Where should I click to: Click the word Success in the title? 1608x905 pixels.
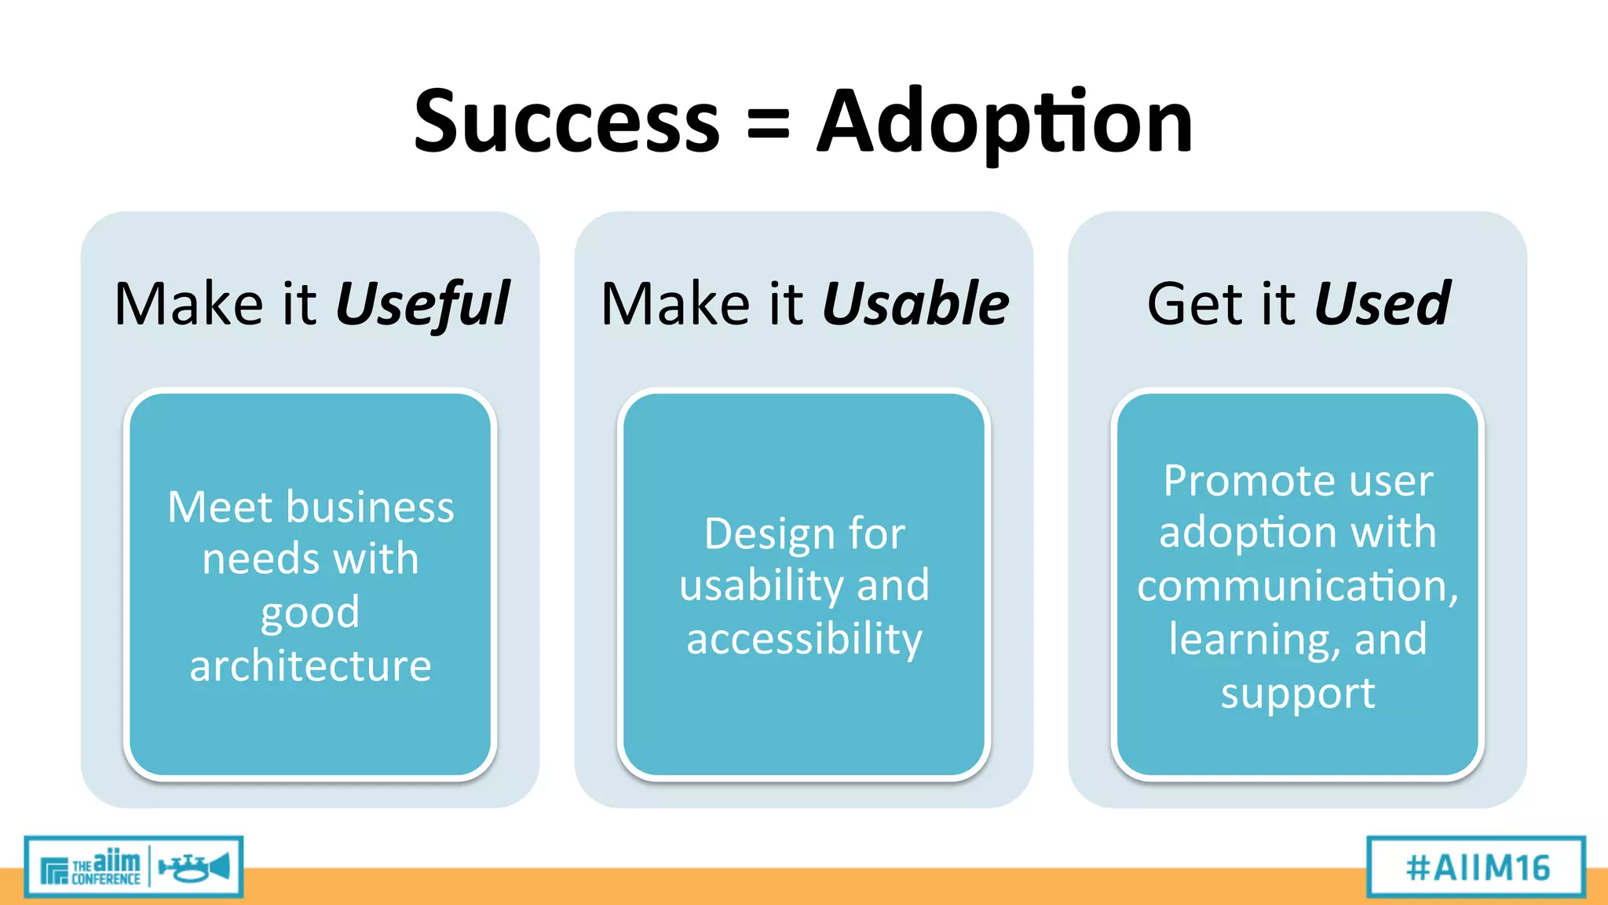566,123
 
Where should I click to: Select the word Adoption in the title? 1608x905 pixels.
1004,123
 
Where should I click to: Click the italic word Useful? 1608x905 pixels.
422,305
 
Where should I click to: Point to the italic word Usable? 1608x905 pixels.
915,303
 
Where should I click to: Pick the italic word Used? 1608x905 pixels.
1382,303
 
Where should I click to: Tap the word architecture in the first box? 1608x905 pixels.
310,666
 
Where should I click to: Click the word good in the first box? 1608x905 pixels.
310,614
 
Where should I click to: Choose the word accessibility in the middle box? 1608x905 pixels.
804,639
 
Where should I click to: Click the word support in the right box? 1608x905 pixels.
1297,694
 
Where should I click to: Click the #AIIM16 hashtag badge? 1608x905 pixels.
1476,867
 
